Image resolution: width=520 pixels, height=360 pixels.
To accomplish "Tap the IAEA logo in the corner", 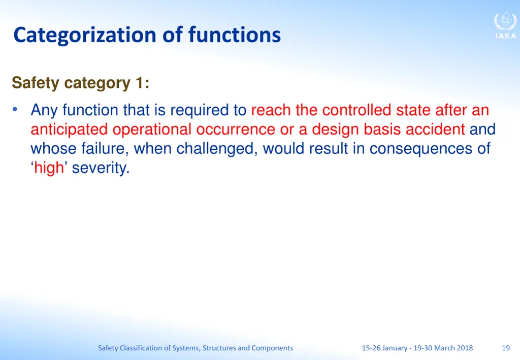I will (x=505, y=25).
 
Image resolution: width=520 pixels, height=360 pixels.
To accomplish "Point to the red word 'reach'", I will (x=271, y=110).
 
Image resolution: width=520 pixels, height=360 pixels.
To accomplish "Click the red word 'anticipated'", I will (x=69, y=129).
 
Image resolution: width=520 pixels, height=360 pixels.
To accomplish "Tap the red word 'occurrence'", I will (x=236, y=129).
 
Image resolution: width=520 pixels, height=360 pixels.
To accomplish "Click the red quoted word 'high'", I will (x=49, y=168).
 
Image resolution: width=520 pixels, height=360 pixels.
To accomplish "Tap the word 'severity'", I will (x=101, y=168).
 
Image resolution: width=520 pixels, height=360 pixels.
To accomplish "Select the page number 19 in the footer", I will (x=505, y=348).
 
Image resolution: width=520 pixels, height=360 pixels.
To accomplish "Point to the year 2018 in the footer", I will (x=464, y=348).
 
